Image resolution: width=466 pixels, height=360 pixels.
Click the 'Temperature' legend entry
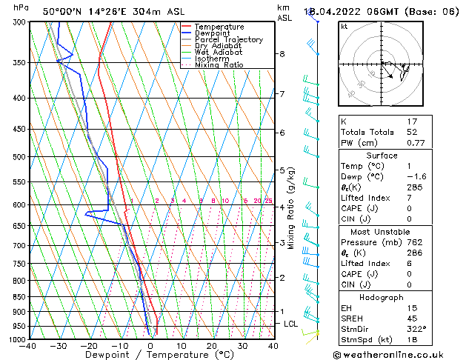pyautogui.click(x=219, y=27)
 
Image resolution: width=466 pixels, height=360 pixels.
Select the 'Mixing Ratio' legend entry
pyautogui.click(x=219, y=65)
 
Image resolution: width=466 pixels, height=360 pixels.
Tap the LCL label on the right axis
pyautogui.click(x=291, y=324)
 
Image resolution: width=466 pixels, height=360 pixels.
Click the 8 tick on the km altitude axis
pyautogui.click(x=282, y=54)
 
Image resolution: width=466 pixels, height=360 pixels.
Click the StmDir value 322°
pyautogui.click(x=419, y=328)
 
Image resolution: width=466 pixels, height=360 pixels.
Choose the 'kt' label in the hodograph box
pyautogui.click(x=344, y=27)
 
